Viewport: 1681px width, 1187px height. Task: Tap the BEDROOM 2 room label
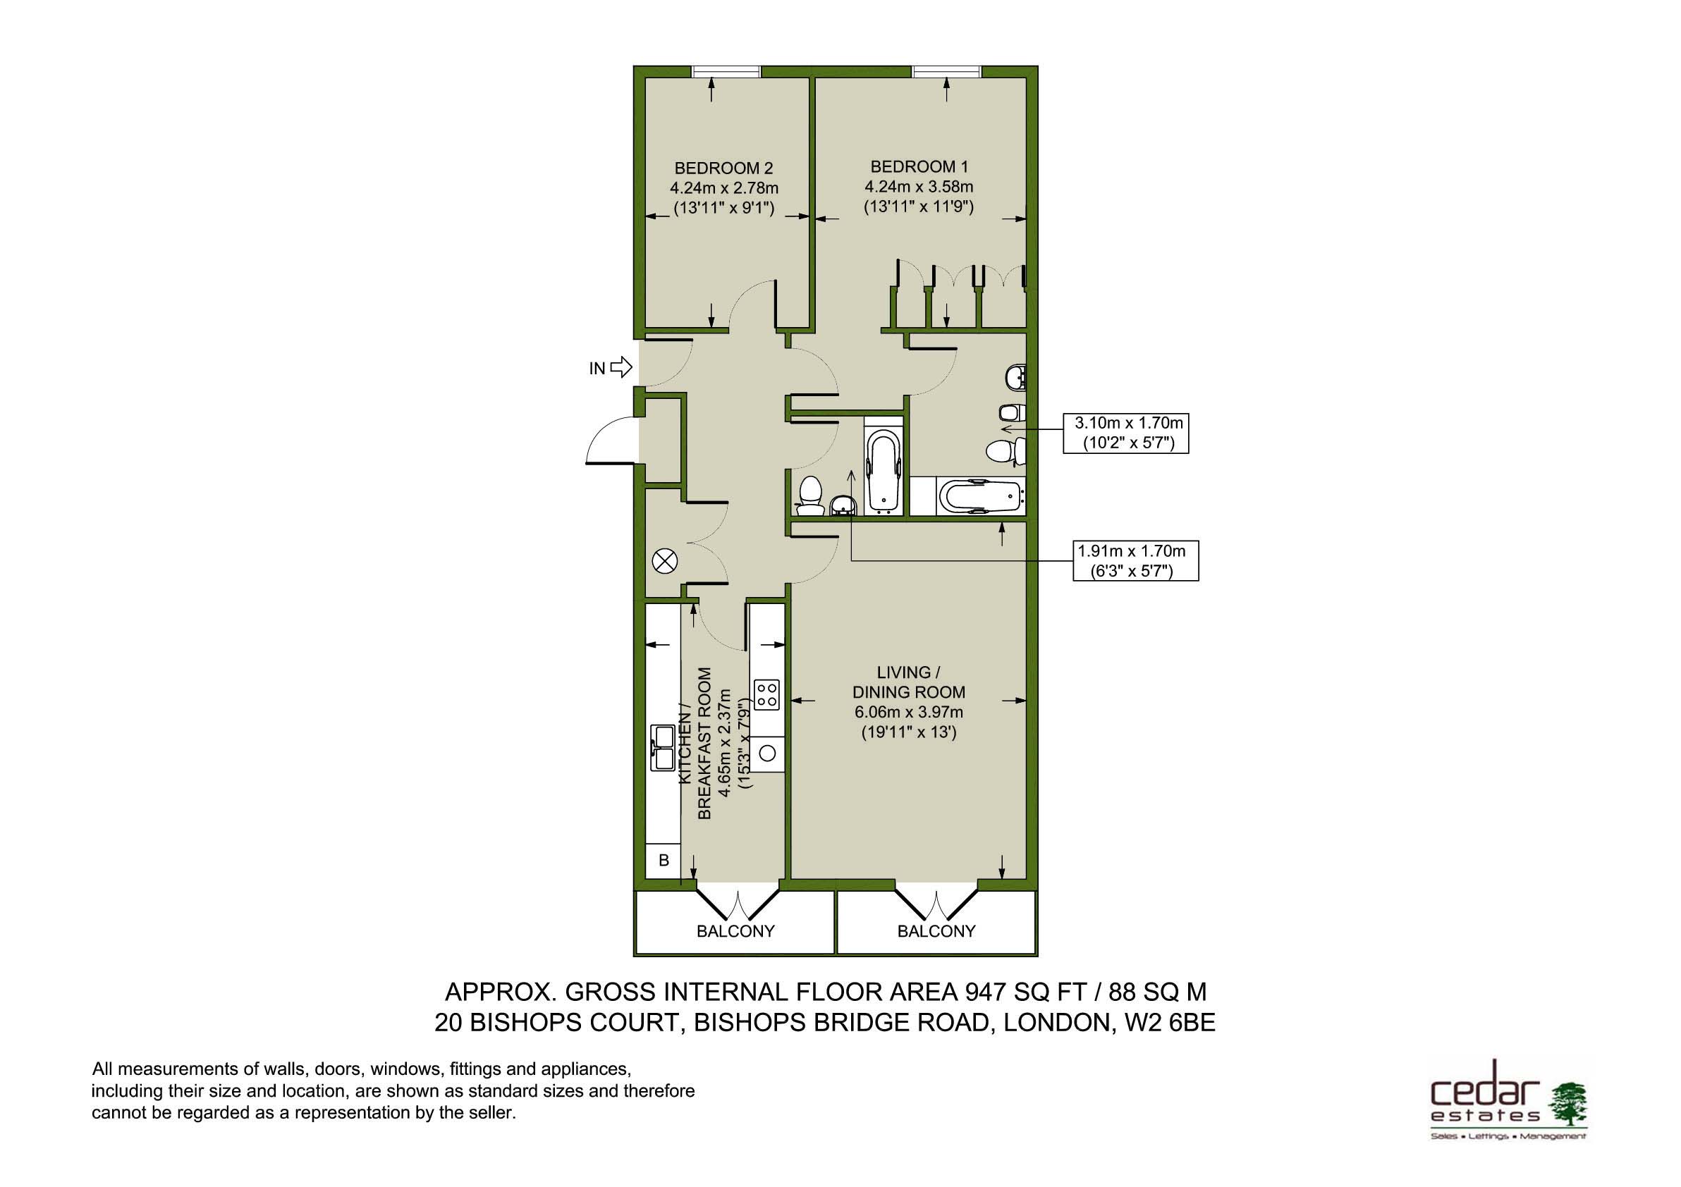(723, 168)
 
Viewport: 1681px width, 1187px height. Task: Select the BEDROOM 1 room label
(918, 167)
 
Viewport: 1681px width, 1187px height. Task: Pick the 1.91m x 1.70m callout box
(1135, 560)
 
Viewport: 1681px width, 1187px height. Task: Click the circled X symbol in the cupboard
(665, 562)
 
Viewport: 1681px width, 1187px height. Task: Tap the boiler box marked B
(664, 861)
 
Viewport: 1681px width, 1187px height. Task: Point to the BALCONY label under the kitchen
(735, 932)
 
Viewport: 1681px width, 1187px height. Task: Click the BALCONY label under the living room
(936, 932)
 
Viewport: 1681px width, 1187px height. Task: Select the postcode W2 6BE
(1169, 1022)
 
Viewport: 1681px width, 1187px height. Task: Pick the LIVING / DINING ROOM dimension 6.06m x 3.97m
(909, 712)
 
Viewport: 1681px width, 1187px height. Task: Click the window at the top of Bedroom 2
(726, 71)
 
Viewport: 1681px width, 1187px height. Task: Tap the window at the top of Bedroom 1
(947, 71)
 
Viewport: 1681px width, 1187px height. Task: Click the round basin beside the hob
(767, 752)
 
